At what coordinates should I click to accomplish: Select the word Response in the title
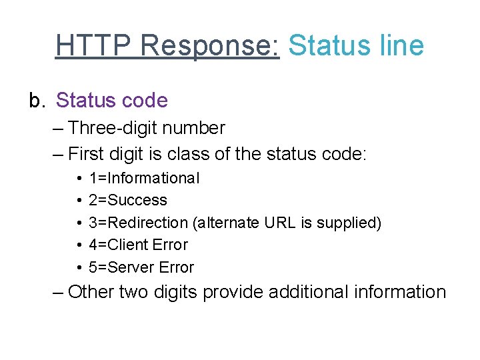210,46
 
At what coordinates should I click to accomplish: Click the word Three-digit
117,128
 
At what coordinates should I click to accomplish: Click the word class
187,154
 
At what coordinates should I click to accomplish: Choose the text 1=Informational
143,178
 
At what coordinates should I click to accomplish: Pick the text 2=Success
127,200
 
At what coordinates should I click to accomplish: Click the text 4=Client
120,245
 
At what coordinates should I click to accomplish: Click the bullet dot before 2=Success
79,200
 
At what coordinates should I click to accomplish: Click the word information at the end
401,292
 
